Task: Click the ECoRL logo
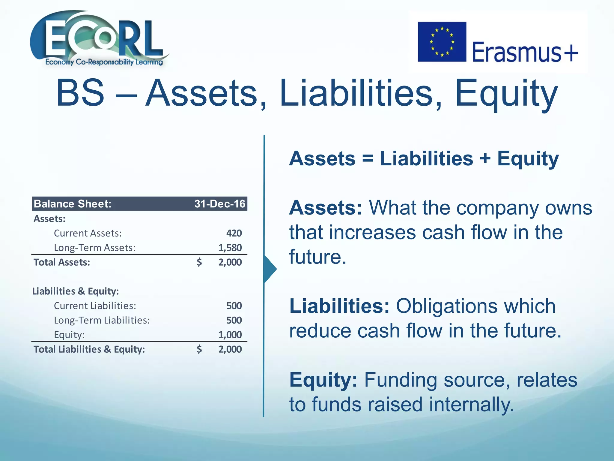click(x=99, y=38)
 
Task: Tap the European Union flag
click(x=442, y=42)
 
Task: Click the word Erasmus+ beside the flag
click(x=525, y=52)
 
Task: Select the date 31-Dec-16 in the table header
click(x=220, y=204)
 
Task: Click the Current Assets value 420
click(x=234, y=233)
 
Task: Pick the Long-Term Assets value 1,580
click(x=230, y=248)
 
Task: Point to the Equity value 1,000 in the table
click(x=230, y=335)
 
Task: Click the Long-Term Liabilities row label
click(x=102, y=320)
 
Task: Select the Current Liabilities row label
click(x=95, y=306)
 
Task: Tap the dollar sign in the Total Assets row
click(x=199, y=262)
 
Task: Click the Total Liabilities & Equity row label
click(x=89, y=349)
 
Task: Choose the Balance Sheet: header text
click(x=73, y=204)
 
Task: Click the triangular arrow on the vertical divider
click(x=270, y=269)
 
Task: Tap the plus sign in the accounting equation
click(x=485, y=158)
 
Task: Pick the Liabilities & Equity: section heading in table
click(x=76, y=291)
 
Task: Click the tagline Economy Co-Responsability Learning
click(x=104, y=62)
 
